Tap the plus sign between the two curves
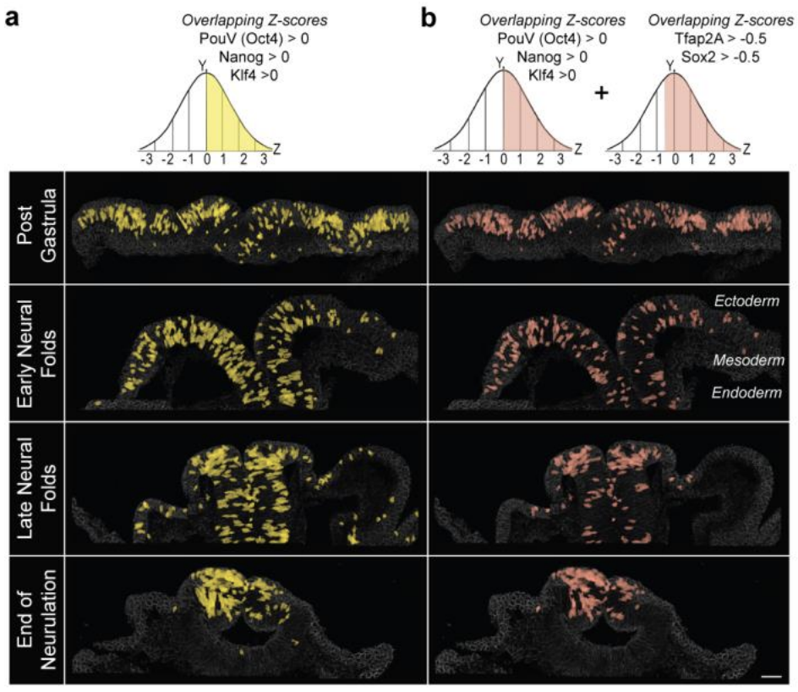point(602,94)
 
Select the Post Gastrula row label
point(34,227)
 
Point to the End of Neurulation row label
point(34,612)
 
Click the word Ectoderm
point(746,302)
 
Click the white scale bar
point(770,676)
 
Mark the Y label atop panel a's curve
point(202,63)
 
